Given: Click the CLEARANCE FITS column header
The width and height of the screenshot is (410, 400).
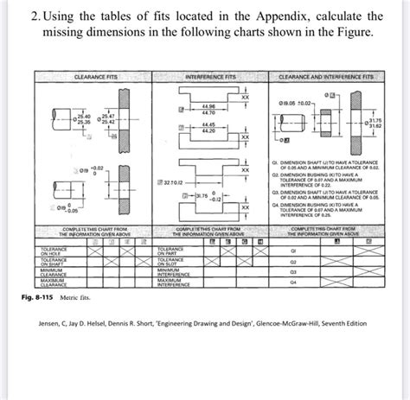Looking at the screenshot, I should [x=94, y=79].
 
